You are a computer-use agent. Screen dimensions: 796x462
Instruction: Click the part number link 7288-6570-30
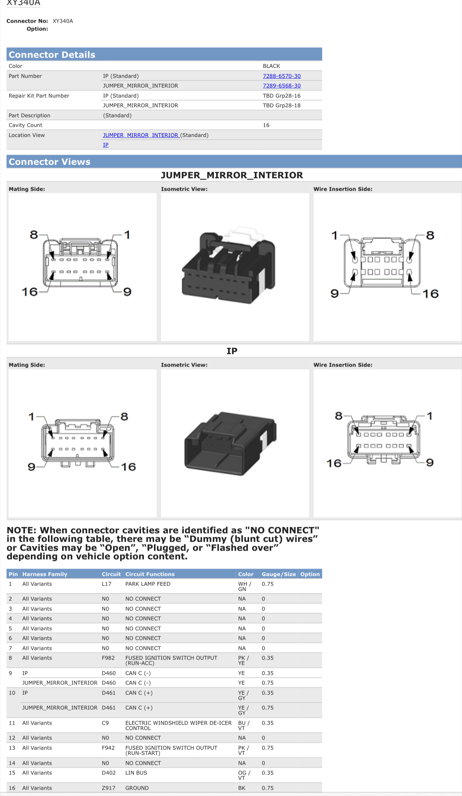coord(282,76)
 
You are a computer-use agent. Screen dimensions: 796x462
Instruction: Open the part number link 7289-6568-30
coord(282,86)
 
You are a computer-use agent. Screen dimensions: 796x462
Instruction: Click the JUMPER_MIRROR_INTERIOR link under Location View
coord(141,135)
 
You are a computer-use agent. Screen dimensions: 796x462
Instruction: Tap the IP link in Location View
coord(106,145)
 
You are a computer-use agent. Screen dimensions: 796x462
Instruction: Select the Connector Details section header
coord(52,55)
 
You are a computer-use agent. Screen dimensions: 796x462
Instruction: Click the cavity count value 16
coord(266,125)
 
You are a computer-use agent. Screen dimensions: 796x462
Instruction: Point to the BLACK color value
coord(271,66)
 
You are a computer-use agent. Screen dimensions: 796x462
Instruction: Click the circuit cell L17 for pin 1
coord(106,584)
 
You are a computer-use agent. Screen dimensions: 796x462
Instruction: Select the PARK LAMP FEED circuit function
coord(148,584)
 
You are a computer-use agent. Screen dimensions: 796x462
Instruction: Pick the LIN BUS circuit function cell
coord(136,773)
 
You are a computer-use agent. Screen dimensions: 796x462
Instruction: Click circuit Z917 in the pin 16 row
coord(109,788)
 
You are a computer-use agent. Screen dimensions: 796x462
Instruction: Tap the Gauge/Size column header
coord(279,574)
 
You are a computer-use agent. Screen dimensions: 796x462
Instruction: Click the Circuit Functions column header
coord(150,574)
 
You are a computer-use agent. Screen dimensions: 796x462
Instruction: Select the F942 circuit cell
coord(108,748)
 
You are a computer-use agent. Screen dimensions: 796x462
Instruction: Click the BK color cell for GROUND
coord(242,788)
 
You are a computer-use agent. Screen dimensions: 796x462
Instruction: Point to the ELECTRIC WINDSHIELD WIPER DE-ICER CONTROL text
coord(178,725)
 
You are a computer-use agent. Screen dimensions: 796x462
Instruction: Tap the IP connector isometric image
coord(230,443)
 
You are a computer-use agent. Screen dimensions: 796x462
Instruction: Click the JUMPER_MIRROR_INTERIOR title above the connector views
coord(232,175)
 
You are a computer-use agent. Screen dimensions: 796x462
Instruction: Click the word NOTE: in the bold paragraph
coord(22,530)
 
